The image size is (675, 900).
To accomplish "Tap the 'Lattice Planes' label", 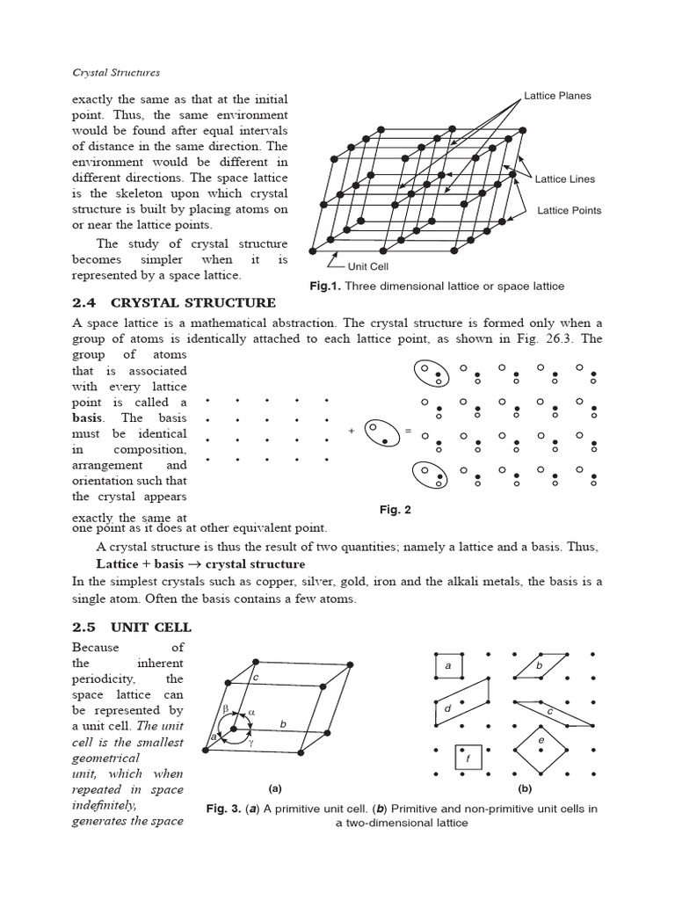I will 557,96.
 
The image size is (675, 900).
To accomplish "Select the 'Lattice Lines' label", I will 565,179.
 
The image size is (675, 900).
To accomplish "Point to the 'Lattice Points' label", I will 569,211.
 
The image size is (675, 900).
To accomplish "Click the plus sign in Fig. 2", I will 352,430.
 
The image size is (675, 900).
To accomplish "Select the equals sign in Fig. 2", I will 408,430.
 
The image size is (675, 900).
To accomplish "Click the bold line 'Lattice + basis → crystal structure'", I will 200,564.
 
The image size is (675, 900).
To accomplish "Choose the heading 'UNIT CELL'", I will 150,628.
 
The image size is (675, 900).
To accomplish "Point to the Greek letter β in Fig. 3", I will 225,706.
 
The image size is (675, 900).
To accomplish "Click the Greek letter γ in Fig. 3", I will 251,742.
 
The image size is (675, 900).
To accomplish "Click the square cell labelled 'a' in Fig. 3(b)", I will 448,667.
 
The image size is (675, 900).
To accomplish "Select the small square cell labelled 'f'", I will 468,757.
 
